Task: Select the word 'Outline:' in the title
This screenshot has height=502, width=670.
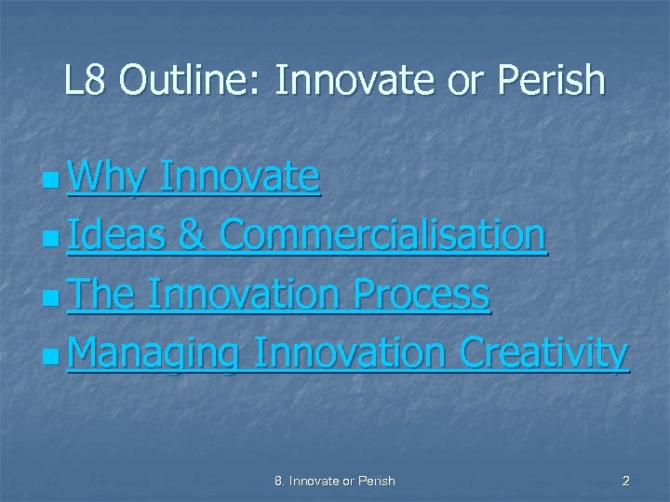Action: (x=192, y=82)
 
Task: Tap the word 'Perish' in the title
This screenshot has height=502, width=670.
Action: (x=556, y=82)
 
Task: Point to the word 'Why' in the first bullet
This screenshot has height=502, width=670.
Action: (x=104, y=177)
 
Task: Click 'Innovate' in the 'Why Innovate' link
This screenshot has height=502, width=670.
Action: (x=239, y=177)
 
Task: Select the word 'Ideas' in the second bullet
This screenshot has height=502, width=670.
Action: (x=115, y=236)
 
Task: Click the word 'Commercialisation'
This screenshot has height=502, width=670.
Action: (x=382, y=236)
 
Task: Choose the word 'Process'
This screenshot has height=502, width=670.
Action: (x=433, y=295)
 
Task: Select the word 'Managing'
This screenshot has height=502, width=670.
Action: (x=153, y=354)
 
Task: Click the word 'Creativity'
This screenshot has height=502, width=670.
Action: (x=545, y=354)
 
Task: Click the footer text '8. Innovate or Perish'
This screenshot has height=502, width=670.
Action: (x=335, y=481)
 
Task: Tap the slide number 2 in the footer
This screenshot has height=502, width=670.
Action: (x=625, y=481)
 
